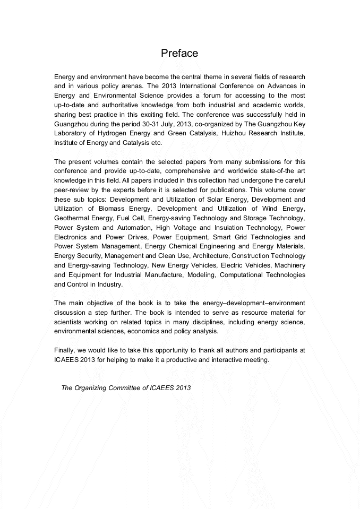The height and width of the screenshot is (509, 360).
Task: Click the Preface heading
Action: tap(179, 53)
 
